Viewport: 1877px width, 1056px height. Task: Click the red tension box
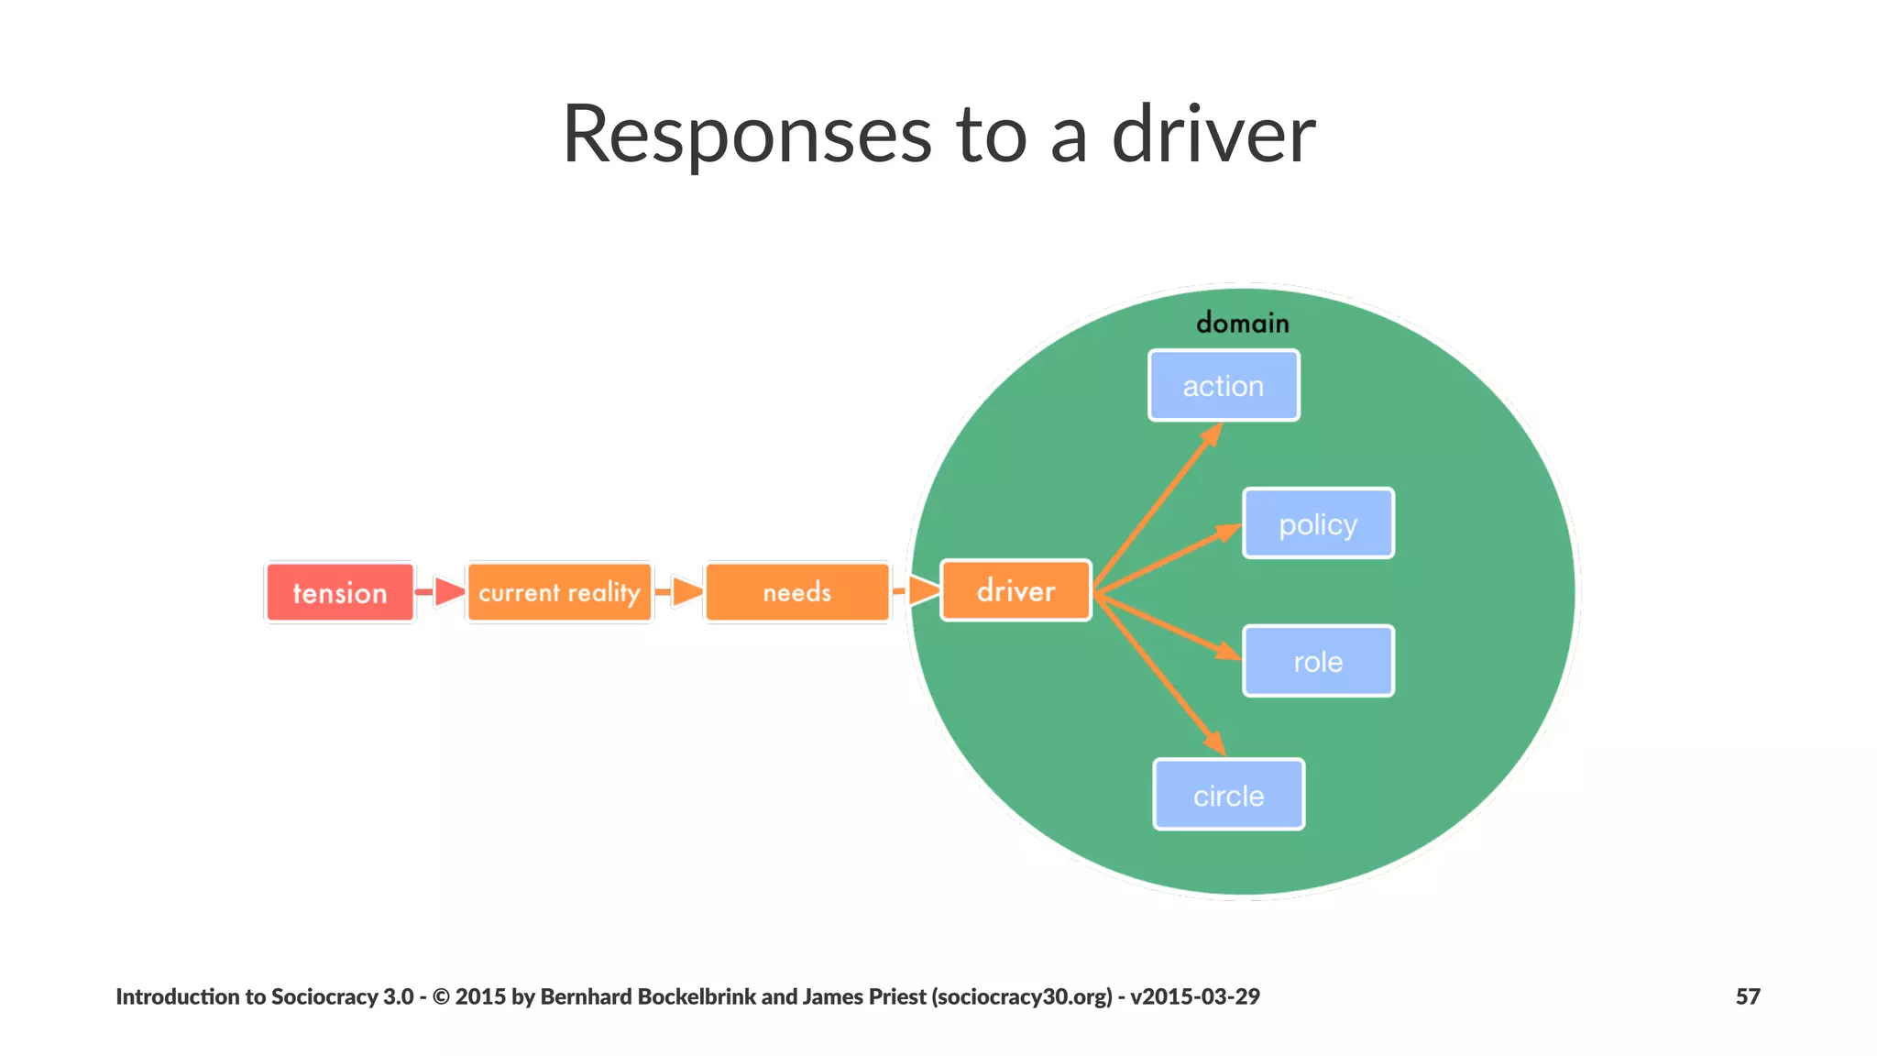pos(340,593)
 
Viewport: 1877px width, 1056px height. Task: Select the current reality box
pos(559,592)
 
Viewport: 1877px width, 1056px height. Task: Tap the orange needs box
pos(797,592)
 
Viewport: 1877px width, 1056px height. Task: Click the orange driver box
pos(1015,591)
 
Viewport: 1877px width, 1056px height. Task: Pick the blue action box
pos(1224,386)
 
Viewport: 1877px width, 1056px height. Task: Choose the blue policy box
pos(1318,523)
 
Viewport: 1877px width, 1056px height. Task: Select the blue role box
pos(1318,661)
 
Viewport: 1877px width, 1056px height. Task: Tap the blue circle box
pos(1228,795)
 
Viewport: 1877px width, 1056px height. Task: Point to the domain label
pos(1243,323)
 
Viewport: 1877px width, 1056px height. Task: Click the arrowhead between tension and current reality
pos(448,592)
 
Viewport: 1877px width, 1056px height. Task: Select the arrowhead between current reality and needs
pos(686,591)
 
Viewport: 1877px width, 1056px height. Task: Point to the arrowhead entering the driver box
pos(924,590)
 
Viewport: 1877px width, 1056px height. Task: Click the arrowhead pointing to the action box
pos(1213,434)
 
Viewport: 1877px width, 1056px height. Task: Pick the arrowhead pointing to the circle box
pos(1214,742)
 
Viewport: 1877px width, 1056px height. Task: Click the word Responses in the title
pos(747,135)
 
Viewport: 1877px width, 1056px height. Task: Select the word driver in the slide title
pos(1213,135)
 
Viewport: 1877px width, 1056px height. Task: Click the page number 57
pos(1747,996)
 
